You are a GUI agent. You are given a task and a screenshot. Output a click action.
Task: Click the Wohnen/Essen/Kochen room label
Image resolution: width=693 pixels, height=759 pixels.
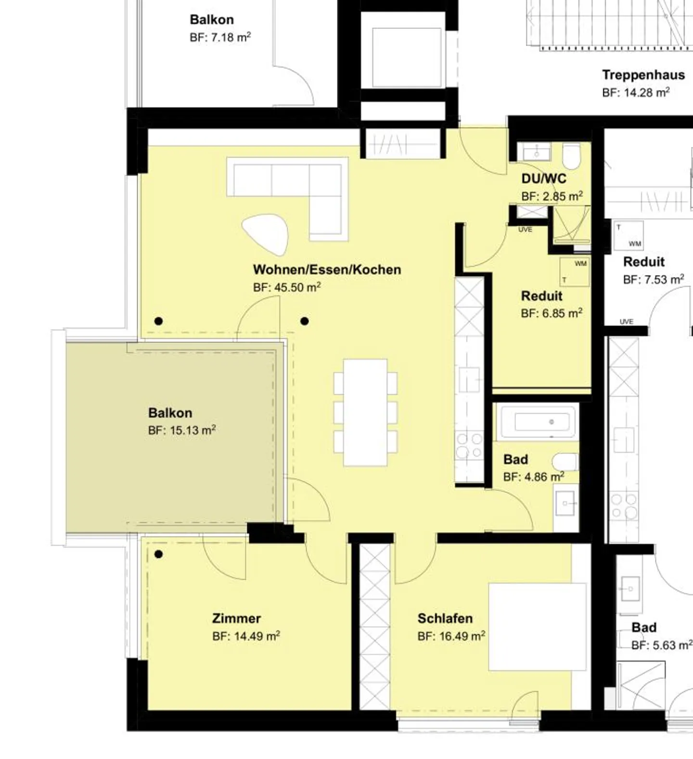click(327, 269)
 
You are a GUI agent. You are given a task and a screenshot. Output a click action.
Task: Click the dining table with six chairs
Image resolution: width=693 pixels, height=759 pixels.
click(366, 413)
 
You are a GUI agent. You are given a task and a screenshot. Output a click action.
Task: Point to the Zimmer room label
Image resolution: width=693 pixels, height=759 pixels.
click(236, 618)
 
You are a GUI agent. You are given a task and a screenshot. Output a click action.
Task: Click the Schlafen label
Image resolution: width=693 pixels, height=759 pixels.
click(445, 618)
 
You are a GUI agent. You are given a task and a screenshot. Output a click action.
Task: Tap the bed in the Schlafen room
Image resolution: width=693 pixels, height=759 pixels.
click(538, 627)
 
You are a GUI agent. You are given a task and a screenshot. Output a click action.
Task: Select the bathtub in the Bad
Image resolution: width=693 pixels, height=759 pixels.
click(537, 422)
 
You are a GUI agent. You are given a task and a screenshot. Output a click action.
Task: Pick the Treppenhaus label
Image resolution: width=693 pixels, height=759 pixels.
click(643, 75)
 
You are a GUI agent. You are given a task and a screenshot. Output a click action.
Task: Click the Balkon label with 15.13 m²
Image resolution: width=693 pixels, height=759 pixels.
click(170, 413)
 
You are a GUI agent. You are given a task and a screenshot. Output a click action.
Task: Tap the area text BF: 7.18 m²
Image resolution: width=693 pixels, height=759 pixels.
click(220, 37)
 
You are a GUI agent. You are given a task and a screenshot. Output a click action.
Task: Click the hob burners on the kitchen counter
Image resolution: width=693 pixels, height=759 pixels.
click(469, 445)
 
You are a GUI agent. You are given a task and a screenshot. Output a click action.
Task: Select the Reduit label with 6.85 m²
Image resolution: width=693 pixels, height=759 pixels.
click(542, 296)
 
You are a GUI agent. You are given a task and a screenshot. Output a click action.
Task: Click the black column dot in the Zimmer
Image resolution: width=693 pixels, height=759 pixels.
click(158, 555)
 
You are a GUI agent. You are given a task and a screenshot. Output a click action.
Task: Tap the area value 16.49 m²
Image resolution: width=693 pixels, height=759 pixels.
click(462, 636)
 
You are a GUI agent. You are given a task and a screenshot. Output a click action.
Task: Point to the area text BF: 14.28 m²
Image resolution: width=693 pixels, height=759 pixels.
click(636, 92)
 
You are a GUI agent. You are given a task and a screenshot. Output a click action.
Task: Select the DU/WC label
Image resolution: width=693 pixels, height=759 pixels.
click(544, 179)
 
